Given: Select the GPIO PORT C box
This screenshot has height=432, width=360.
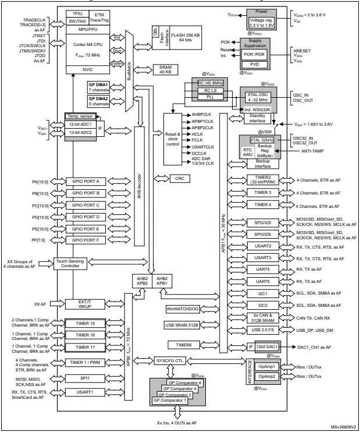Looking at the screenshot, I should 86,206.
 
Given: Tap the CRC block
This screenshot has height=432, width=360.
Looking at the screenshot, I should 179,178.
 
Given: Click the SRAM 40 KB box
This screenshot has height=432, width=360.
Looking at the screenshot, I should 165,70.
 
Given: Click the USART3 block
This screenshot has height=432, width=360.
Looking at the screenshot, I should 263,257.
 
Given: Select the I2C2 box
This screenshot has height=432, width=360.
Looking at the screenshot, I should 263,304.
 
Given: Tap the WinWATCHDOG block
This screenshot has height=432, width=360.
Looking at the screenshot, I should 183,308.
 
